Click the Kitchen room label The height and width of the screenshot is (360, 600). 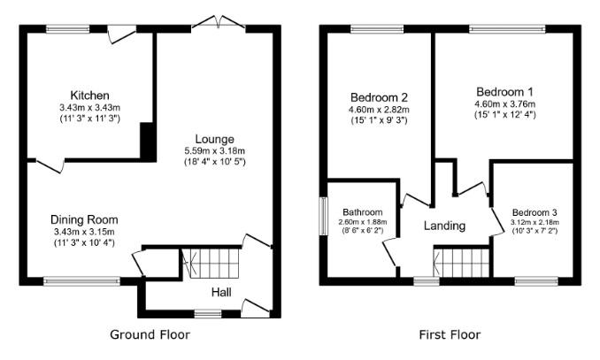[89, 95]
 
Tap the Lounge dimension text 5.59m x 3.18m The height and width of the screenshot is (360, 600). [215, 150]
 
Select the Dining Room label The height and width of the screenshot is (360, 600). [84, 219]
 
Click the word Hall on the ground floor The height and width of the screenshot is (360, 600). [221, 293]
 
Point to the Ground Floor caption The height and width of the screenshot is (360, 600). [150, 334]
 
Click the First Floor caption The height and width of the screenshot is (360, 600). [450, 335]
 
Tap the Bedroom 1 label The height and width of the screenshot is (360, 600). [504, 92]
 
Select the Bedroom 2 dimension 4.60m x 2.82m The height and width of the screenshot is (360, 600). [379, 110]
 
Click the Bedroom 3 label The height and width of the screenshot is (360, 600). [535, 212]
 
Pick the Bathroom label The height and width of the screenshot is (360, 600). [362, 212]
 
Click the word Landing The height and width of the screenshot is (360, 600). [444, 226]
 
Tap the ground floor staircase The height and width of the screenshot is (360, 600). [212, 264]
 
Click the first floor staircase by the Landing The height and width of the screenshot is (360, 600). [462, 263]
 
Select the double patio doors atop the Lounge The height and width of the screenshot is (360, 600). [219, 22]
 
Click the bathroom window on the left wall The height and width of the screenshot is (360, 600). [324, 216]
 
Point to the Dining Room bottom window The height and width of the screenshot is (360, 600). [81, 281]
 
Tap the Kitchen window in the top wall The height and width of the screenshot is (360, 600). [68, 29]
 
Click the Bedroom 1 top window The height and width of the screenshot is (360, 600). [507, 29]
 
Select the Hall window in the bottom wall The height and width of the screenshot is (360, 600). [208, 315]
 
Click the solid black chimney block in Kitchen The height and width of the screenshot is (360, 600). [148, 142]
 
